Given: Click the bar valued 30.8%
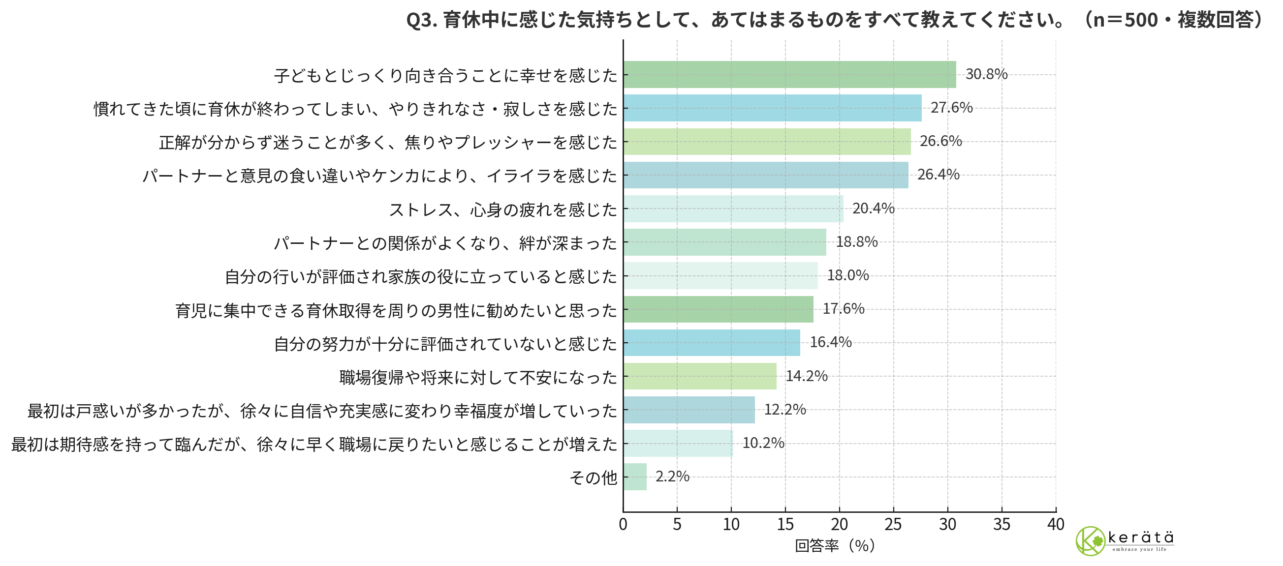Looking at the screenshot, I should click(789, 75).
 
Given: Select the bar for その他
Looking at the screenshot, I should click(634, 477).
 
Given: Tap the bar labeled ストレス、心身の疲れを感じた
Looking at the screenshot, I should click(733, 209).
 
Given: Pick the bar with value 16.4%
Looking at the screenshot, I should click(711, 342).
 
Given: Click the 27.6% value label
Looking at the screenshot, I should click(951, 108).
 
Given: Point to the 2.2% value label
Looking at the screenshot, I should click(672, 477).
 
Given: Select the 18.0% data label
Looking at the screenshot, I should click(847, 275).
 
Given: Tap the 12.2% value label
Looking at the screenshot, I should click(784, 410).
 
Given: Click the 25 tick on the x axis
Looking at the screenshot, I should click(893, 524).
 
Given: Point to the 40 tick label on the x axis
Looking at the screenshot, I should click(1056, 524).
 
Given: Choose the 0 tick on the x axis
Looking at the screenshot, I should click(623, 524).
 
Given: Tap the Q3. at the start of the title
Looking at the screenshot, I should click(421, 20).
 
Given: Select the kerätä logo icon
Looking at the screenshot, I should click(1090, 540).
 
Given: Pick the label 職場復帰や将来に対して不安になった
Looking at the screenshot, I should click(478, 377).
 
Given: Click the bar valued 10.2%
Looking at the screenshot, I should click(678, 443).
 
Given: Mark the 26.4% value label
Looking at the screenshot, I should click(938, 175).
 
